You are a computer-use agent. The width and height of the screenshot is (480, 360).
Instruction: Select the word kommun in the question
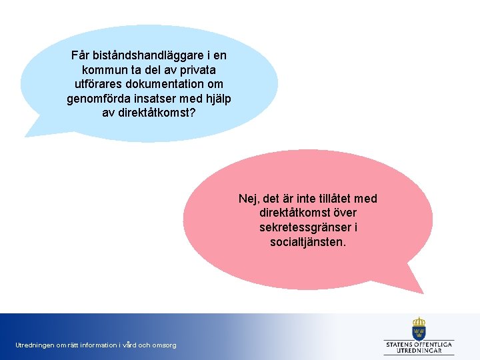click(x=103, y=69)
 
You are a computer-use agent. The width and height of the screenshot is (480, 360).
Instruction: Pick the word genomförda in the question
click(x=95, y=99)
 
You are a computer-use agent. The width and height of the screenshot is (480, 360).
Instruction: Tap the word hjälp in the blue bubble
click(x=216, y=99)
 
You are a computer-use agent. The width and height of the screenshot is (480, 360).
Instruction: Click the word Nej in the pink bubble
click(x=249, y=199)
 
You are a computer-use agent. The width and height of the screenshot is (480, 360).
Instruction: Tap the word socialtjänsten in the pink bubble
click(x=307, y=242)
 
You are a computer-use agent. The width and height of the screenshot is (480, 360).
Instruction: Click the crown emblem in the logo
click(x=419, y=328)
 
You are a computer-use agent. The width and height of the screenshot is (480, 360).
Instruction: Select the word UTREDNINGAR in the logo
click(x=419, y=350)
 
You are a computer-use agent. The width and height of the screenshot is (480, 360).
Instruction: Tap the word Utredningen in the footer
click(x=35, y=345)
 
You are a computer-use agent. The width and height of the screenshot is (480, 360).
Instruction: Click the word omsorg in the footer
click(x=164, y=345)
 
